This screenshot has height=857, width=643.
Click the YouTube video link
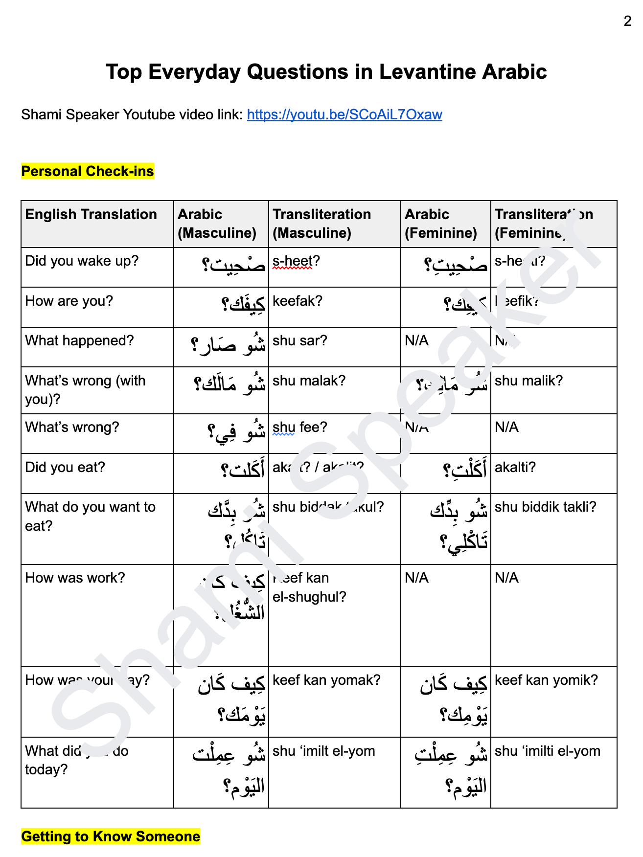point(344,114)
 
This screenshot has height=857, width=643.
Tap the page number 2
point(627,21)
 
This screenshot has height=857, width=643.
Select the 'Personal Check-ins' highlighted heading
point(88,171)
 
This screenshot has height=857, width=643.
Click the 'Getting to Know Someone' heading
point(111,836)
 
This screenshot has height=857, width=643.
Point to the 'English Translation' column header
point(91,214)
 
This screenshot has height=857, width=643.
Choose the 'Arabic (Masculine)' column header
point(217,224)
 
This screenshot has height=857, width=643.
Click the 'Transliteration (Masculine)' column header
point(321,224)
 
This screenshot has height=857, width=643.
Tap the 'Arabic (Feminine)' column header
point(440,224)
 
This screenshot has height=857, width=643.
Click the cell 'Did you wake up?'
point(82,261)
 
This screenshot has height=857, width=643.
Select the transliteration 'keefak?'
point(298,301)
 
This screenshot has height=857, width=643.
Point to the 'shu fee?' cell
point(299,427)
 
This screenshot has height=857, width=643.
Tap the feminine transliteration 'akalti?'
point(515,467)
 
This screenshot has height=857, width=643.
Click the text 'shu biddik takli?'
point(545,507)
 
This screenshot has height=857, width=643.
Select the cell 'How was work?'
point(75,578)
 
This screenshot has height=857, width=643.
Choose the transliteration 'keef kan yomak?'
point(326,680)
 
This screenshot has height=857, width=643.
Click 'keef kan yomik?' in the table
point(546,680)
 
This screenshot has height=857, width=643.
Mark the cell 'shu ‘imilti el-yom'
point(547,751)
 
